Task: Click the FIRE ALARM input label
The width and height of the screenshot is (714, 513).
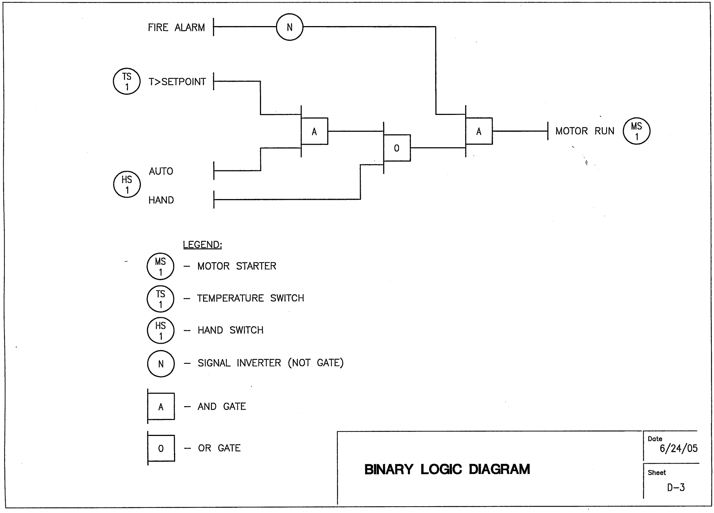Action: (176, 28)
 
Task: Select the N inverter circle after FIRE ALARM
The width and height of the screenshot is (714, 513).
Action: (290, 27)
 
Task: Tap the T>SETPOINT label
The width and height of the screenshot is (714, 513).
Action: (177, 82)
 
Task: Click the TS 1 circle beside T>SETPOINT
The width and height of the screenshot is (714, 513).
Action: (127, 81)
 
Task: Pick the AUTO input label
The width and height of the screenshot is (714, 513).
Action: (161, 171)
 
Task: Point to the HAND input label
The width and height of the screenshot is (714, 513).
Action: (161, 200)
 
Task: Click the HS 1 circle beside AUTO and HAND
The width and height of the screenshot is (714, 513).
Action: (127, 185)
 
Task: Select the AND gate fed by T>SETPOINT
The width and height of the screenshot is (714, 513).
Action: (315, 131)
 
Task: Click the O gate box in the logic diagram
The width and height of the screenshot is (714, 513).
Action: (397, 148)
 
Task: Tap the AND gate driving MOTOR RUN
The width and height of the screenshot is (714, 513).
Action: (479, 131)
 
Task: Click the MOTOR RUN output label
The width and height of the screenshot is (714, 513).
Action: (585, 131)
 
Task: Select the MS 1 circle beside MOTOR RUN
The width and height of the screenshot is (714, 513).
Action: (636, 131)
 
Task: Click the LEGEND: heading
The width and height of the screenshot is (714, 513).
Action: (202, 245)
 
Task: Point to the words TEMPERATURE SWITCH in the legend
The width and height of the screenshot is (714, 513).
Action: (250, 298)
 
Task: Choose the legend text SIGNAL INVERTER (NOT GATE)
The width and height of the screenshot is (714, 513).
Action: (270, 363)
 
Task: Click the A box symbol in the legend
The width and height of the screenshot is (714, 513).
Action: (161, 407)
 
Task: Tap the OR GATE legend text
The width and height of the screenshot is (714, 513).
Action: (219, 448)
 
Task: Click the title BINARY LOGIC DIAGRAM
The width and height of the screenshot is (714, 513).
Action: (447, 469)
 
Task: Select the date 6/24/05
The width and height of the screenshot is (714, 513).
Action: (678, 449)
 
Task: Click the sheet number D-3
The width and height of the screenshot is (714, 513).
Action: (676, 488)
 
